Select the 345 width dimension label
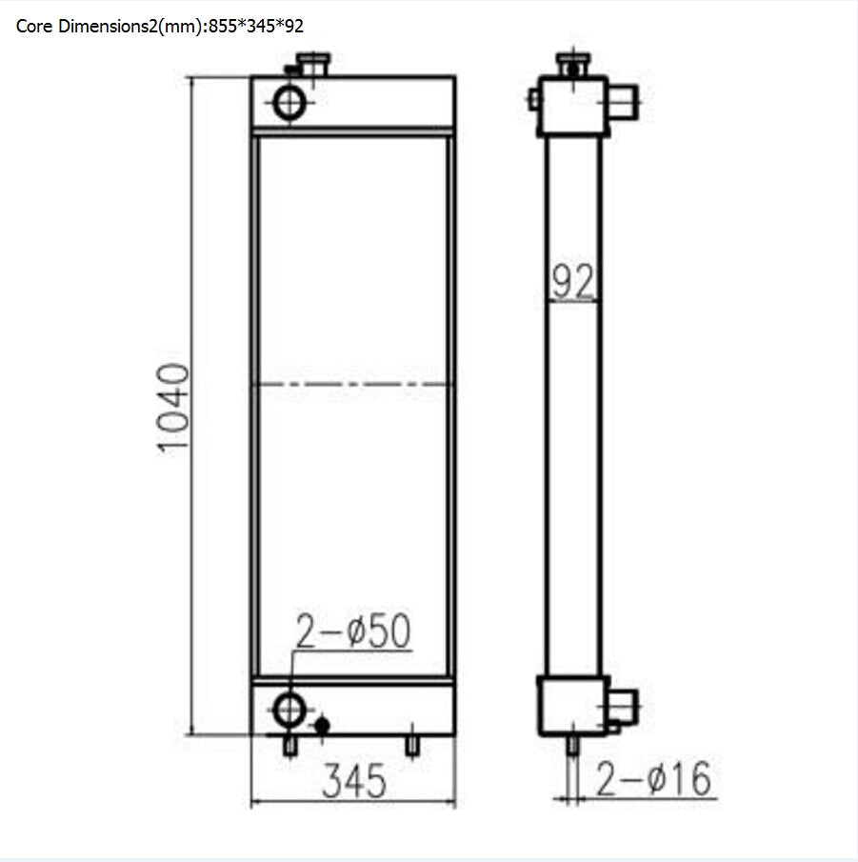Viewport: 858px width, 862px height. click(x=353, y=781)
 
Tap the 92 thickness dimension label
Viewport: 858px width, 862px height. click(x=573, y=283)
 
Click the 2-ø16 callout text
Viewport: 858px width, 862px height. click(x=653, y=779)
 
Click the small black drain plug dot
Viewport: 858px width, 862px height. click(x=322, y=726)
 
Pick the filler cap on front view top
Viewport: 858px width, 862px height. click(x=311, y=64)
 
